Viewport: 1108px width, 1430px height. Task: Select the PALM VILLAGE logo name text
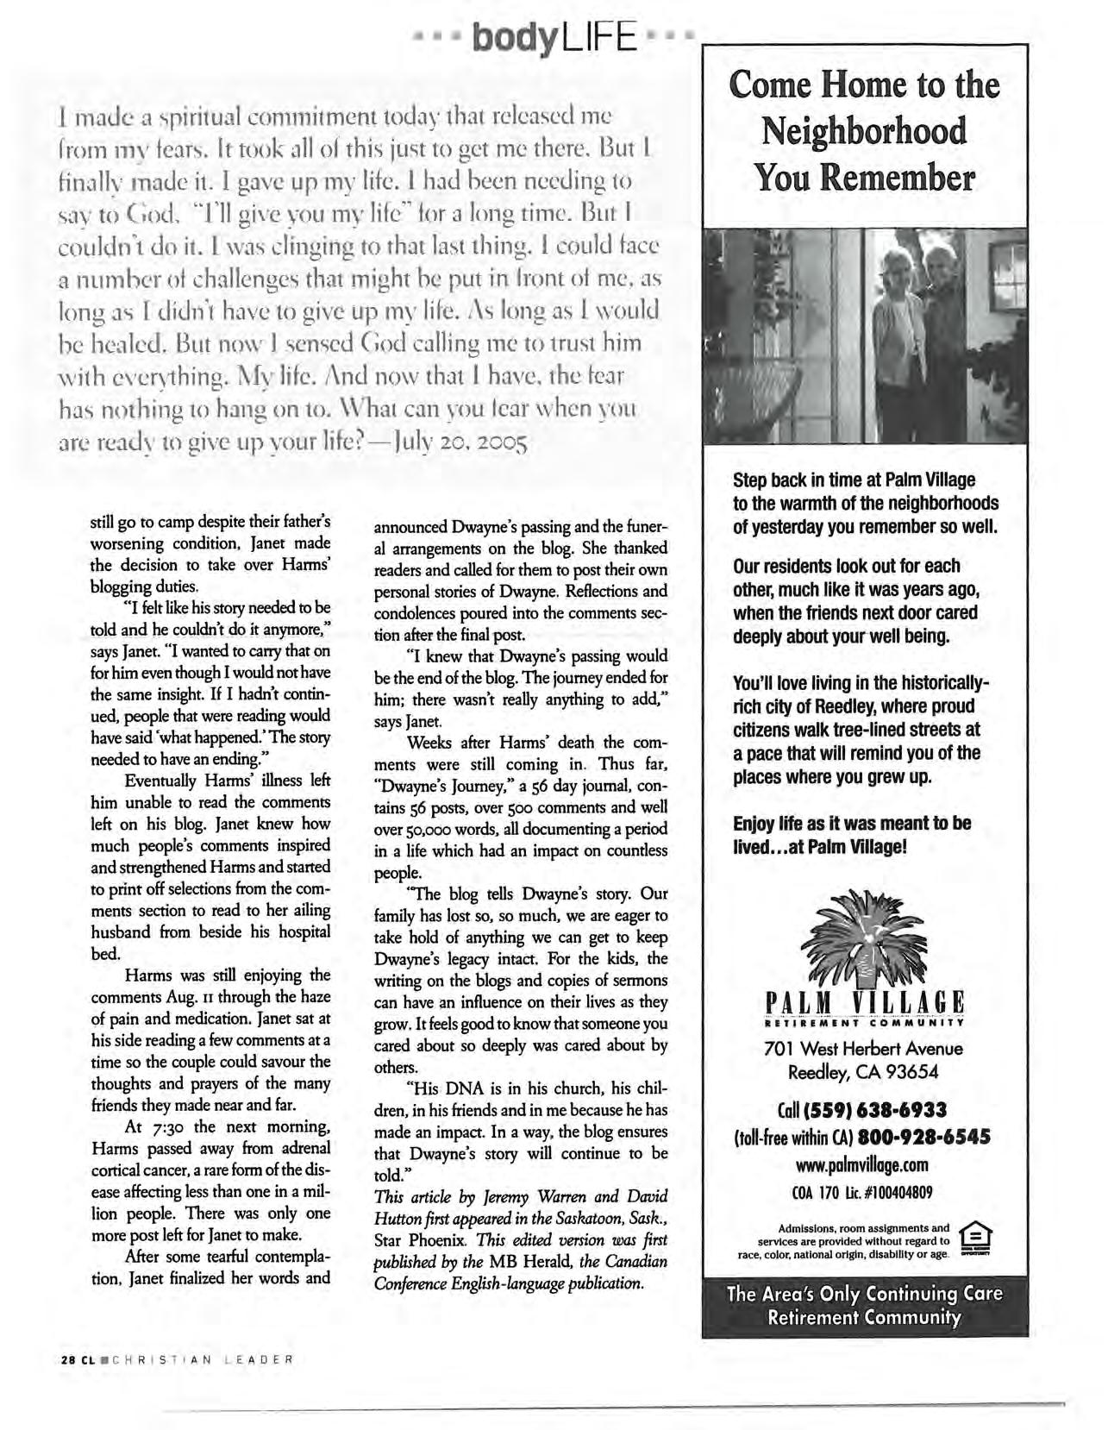[864, 1005]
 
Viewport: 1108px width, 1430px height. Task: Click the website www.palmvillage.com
[864, 1165]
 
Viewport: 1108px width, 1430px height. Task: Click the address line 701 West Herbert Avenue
[864, 1049]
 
